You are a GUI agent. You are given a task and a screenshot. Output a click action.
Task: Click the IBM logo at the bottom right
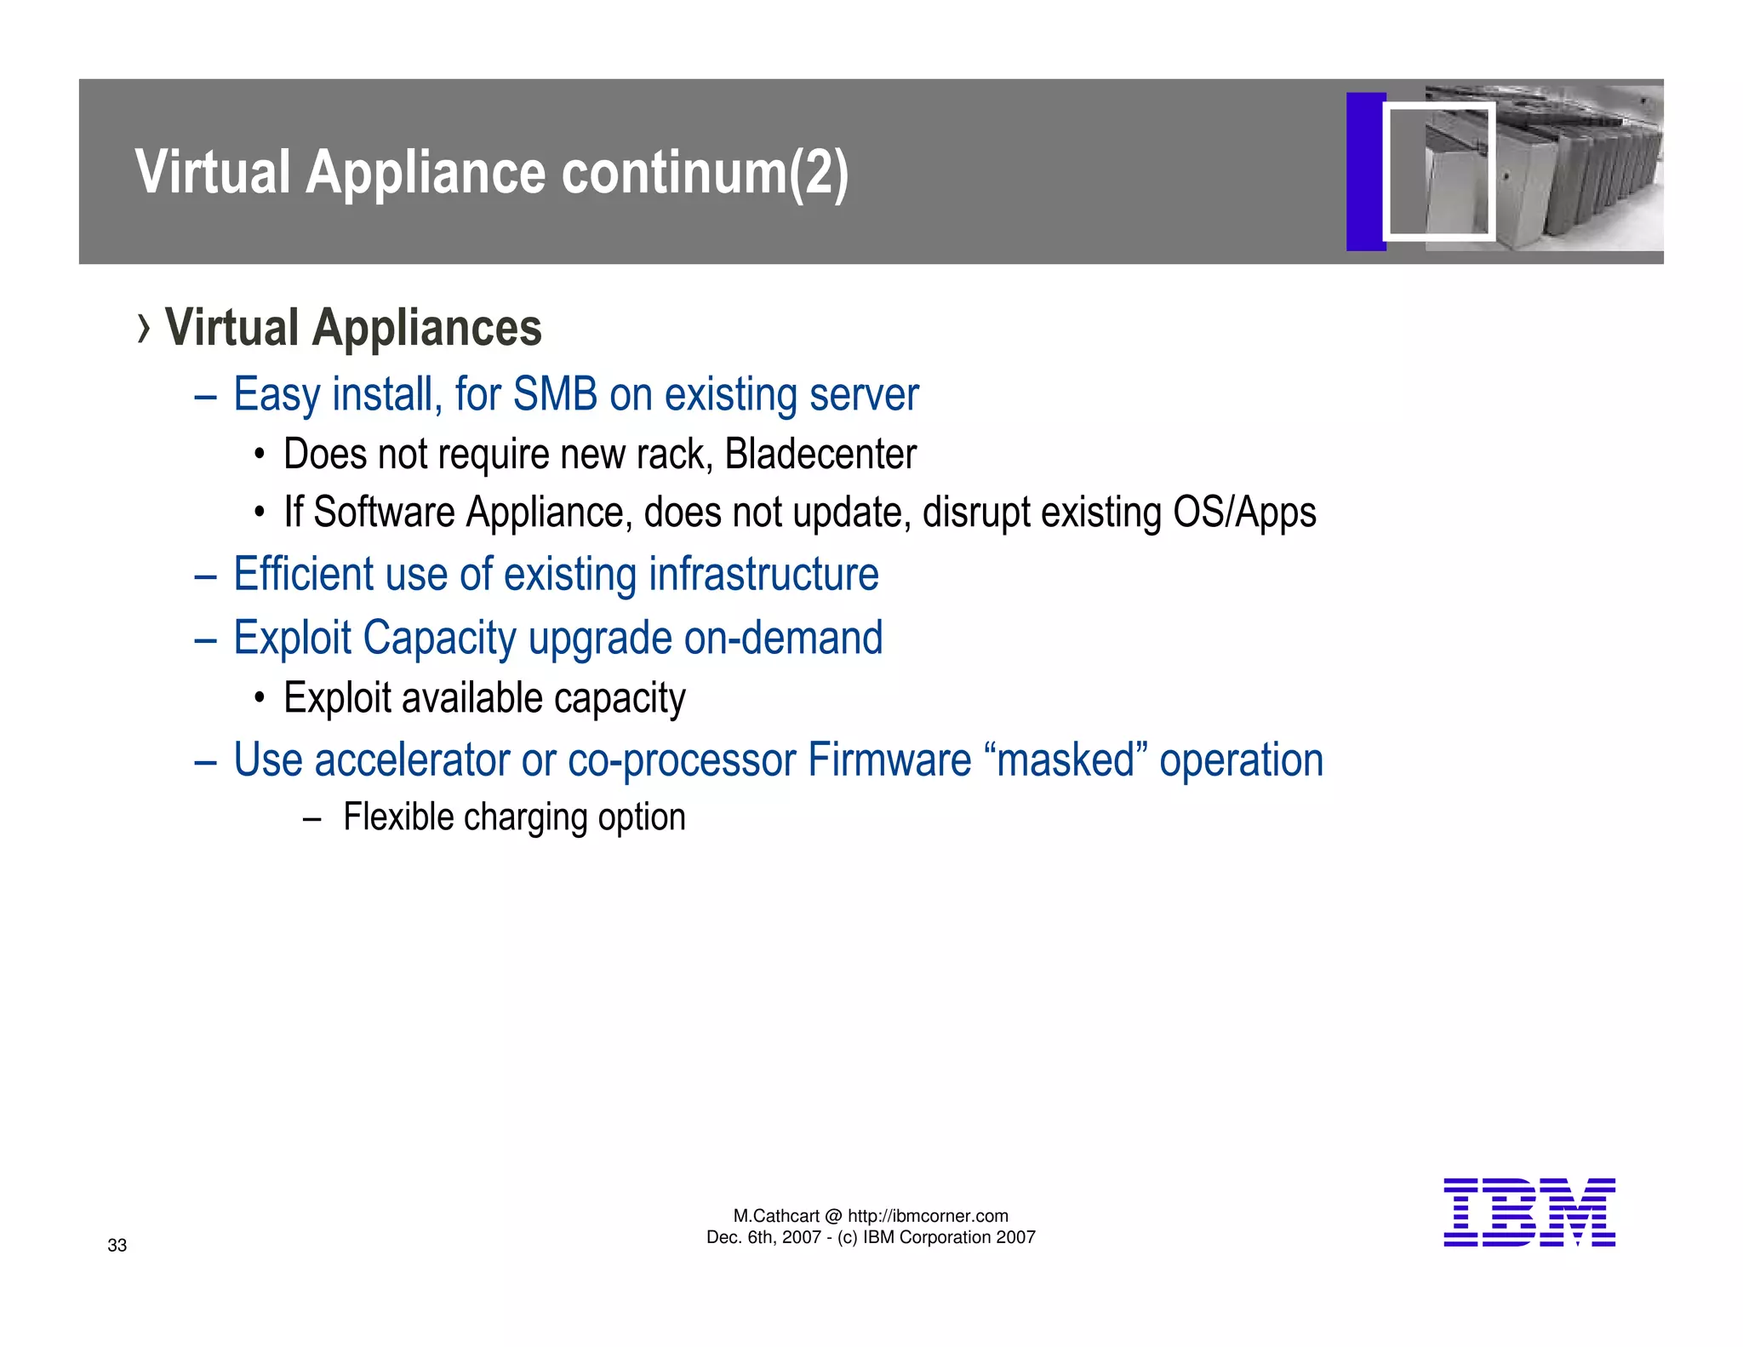point(1529,1212)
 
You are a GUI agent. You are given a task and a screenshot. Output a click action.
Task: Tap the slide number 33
point(117,1246)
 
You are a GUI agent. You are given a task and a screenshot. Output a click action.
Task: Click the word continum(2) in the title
point(705,173)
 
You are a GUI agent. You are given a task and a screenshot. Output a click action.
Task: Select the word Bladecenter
point(820,455)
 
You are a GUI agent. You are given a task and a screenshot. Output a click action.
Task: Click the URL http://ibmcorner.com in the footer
point(928,1216)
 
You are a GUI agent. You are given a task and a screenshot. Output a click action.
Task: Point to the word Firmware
point(889,760)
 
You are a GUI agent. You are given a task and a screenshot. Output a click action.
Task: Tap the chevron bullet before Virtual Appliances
point(144,329)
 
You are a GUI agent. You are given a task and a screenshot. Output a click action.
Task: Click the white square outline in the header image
point(1438,171)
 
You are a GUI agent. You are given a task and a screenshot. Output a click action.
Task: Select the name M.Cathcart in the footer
point(776,1216)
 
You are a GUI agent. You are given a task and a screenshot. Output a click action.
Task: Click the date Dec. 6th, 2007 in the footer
point(763,1237)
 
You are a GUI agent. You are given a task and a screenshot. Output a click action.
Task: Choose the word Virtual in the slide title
point(213,173)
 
